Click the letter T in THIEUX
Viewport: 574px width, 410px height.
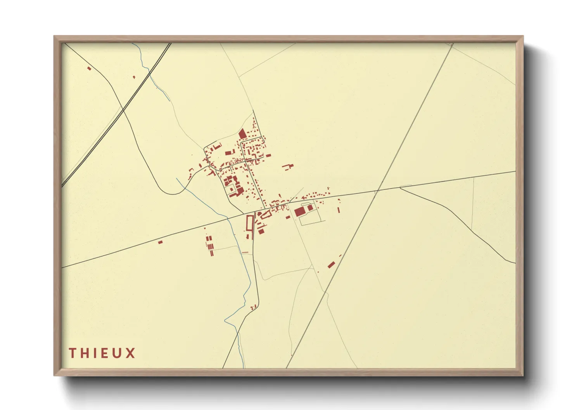[72, 353]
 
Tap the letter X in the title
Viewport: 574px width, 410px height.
[131, 353]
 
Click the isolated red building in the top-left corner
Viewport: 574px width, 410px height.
[89, 69]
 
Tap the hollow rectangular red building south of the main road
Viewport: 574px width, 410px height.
[250, 223]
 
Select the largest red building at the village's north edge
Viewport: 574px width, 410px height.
[242, 134]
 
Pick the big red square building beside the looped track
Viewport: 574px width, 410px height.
[299, 211]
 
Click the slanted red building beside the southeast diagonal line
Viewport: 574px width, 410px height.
[331, 265]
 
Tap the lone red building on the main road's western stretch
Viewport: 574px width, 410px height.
[160, 242]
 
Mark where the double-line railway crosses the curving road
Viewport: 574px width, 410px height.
[123, 110]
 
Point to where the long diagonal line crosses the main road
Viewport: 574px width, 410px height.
[377, 190]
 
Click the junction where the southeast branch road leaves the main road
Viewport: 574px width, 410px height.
[400, 188]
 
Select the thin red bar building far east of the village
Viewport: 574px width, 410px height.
[339, 210]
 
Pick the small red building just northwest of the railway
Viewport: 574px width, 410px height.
[134, 77]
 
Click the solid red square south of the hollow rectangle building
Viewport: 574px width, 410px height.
[261, 231]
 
